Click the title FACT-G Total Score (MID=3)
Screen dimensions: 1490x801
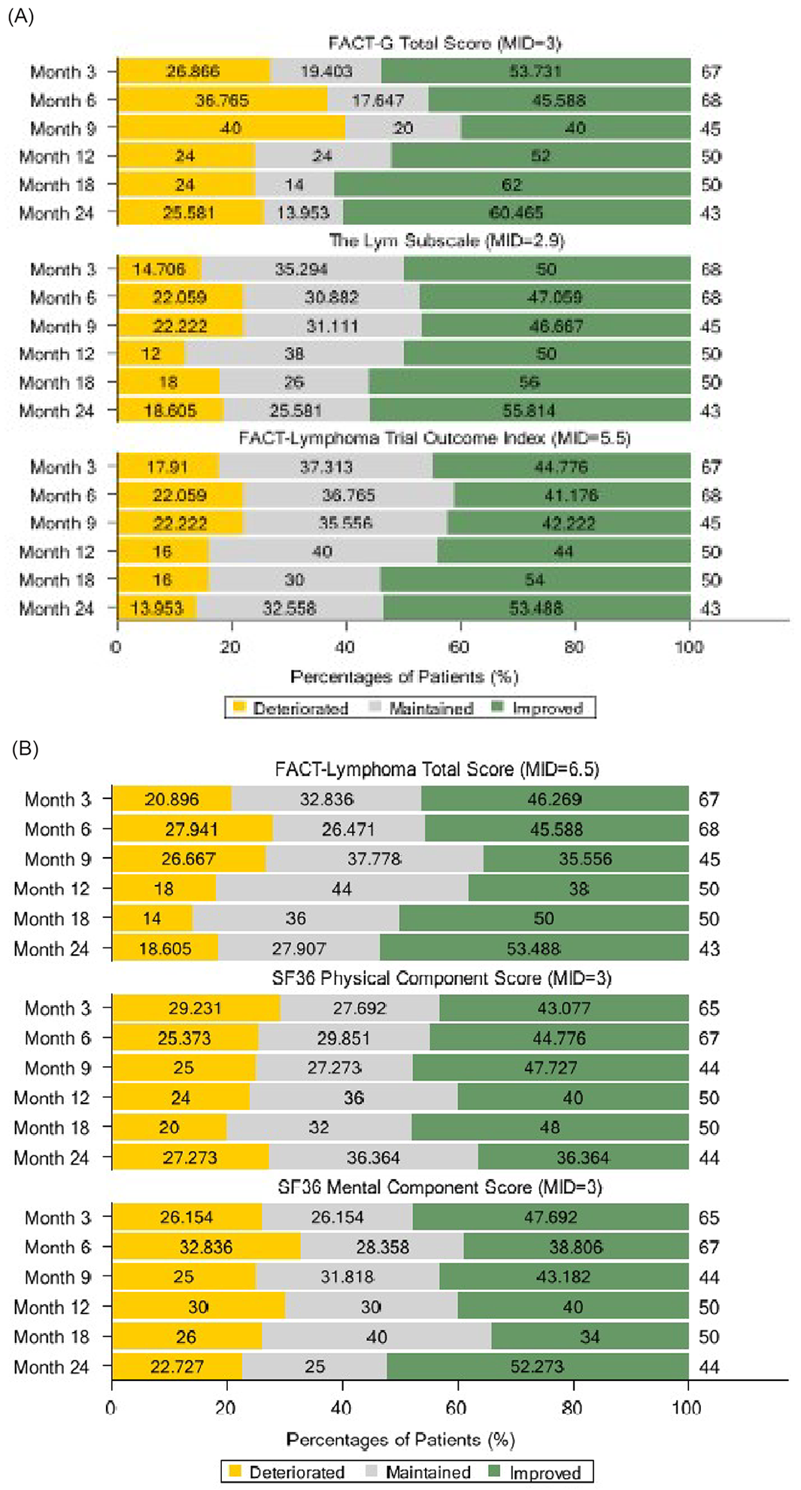coord(444,44)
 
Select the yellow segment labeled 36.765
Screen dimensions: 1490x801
coord(223,100)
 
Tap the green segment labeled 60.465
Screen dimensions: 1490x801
coord(516,213)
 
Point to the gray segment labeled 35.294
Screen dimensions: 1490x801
coord(302,269)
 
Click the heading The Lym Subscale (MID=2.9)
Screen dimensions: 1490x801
coord(447,241)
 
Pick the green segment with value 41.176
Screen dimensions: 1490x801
coord(572,495)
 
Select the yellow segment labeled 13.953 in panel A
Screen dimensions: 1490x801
coord(157,608)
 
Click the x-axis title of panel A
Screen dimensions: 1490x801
coord(404,677)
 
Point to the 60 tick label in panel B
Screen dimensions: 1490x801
coord(456,1407)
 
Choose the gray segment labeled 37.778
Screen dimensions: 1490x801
coord(374,859)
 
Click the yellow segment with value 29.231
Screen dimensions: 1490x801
coord(196,1008)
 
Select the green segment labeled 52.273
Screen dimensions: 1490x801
coord(537,1367)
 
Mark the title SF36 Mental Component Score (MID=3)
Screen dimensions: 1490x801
coord(440,1187)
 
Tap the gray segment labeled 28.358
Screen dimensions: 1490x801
coord(382,1247)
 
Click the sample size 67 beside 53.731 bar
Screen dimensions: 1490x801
coord(711,72)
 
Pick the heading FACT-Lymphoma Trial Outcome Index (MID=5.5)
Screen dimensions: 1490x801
coord(434,438)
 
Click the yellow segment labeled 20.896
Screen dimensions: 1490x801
coord(172,799)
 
